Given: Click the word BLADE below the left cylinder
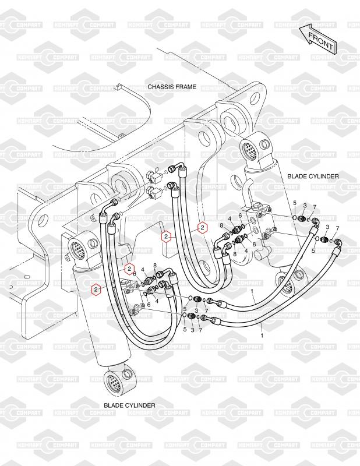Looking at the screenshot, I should click(x=114, y=404).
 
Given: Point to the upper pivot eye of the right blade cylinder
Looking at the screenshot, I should click(x=252, y=148).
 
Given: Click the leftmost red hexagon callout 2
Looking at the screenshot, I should click(x=94, y=288).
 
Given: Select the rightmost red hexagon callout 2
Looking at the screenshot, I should click(x=202, y=228).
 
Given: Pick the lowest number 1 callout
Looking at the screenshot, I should click(x=262, y=336).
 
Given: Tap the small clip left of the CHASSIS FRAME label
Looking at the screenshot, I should click(x=119, y=89).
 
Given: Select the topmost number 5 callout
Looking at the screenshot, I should click(x=294, y=203).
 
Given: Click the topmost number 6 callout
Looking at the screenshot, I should click(x=240, y=216).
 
